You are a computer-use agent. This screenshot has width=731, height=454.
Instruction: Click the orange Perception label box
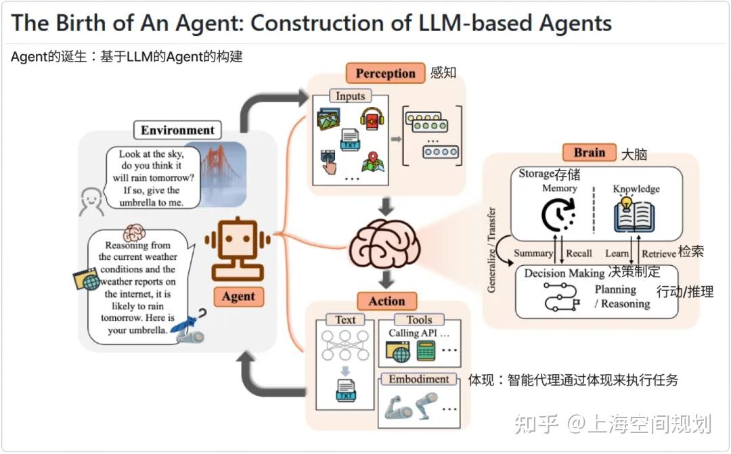(x=385, y=73)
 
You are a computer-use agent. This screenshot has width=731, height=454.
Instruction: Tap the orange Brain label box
(x=589, y=152)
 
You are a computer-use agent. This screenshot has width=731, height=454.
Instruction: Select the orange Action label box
(x=386, y=301)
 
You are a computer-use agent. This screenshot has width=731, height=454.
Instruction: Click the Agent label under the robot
(x=238, y=296)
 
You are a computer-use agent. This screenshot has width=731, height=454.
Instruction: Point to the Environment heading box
(x=177, y=130)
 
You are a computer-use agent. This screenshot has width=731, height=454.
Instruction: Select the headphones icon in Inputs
(x=372, y=120)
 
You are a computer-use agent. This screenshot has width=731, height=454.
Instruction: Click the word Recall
(x=579, y=253)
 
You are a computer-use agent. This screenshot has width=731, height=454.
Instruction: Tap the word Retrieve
(x=658, y=253)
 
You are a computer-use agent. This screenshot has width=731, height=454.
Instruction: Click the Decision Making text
(x=564, y=273)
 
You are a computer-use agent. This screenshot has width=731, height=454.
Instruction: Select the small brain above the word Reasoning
(x=135, y=233)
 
